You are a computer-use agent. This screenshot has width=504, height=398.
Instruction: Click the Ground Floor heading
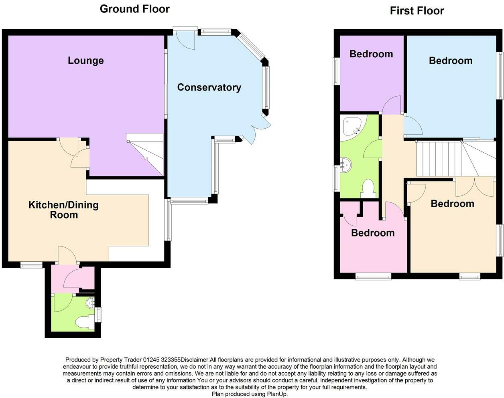tap(134, 9)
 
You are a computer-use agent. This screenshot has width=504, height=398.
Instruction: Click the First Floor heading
tap(417, 11)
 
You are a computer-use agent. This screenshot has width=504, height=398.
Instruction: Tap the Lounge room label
tap(85, 61)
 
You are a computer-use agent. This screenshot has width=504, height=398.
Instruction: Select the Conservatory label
tap(209, 87)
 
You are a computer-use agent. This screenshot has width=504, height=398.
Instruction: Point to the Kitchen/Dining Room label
tap(63, 210)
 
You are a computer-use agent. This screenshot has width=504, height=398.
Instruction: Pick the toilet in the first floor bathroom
tap(368, 188)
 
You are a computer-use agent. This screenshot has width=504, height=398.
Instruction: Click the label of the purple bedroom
tap(371, 54)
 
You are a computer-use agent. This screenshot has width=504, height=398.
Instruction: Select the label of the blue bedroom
tap(450, 61)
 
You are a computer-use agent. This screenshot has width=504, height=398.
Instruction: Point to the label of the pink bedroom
tap(373, 233)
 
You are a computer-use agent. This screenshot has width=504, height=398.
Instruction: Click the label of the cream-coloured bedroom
tap(452, 204)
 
